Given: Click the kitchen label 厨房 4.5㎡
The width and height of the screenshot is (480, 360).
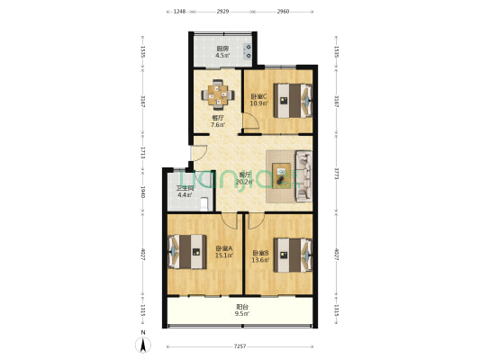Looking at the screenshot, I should click(x=222, y=52).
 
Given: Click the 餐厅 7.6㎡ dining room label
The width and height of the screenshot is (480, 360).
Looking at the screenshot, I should click(x=218, y=121).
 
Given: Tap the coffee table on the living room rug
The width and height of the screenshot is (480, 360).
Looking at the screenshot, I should click(x=283, y=172).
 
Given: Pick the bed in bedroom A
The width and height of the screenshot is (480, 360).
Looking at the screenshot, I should click(x=185, y=250).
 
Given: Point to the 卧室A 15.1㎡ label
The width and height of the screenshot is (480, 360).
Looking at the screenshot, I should click(x=224, y=252).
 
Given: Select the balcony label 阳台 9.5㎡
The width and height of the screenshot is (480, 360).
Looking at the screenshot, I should click(x=240, y=310).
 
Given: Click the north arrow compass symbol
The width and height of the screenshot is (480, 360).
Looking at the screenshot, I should click(x=143, y=341).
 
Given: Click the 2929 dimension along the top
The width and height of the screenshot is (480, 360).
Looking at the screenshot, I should click(x=222, y=12).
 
